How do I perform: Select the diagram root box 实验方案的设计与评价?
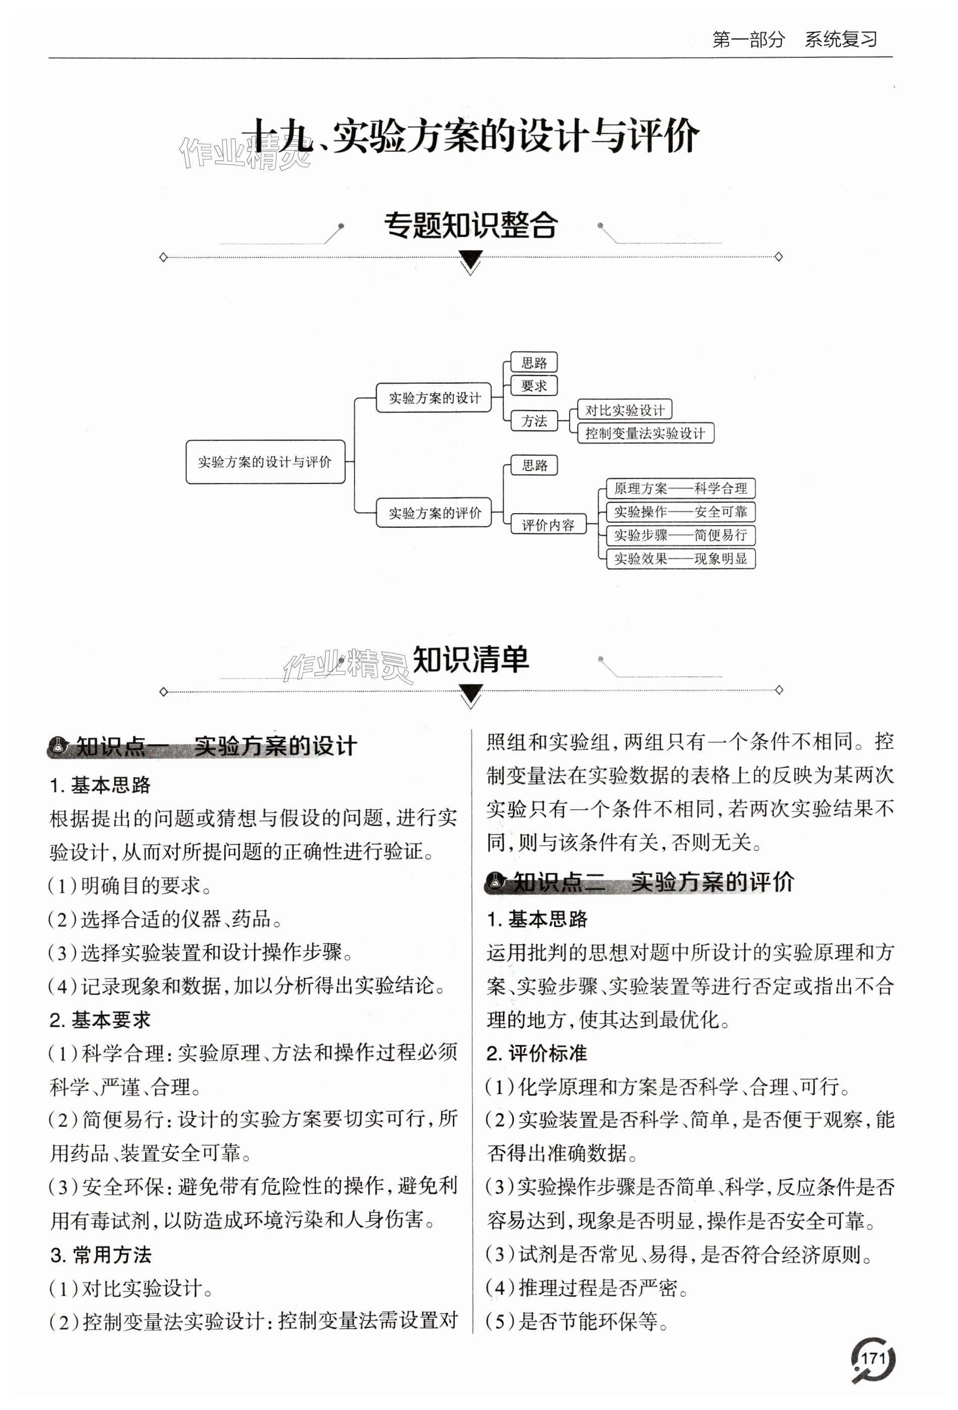(265, 462)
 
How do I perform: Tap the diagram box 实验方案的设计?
(434, 398)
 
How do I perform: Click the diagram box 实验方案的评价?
(434, 513)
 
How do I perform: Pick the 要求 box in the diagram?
(534, 386)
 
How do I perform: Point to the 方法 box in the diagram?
(534, 421)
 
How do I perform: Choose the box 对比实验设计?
(624, 410)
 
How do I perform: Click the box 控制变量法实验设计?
(645, 433)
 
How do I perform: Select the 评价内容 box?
(548, 525)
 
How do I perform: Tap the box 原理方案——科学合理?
(680, 488)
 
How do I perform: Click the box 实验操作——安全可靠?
(680, 512)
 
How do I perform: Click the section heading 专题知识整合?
(471, 226)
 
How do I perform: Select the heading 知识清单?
(471, 660)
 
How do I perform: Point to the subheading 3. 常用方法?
(101, 1255)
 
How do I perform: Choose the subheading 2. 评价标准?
(537, 1053)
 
